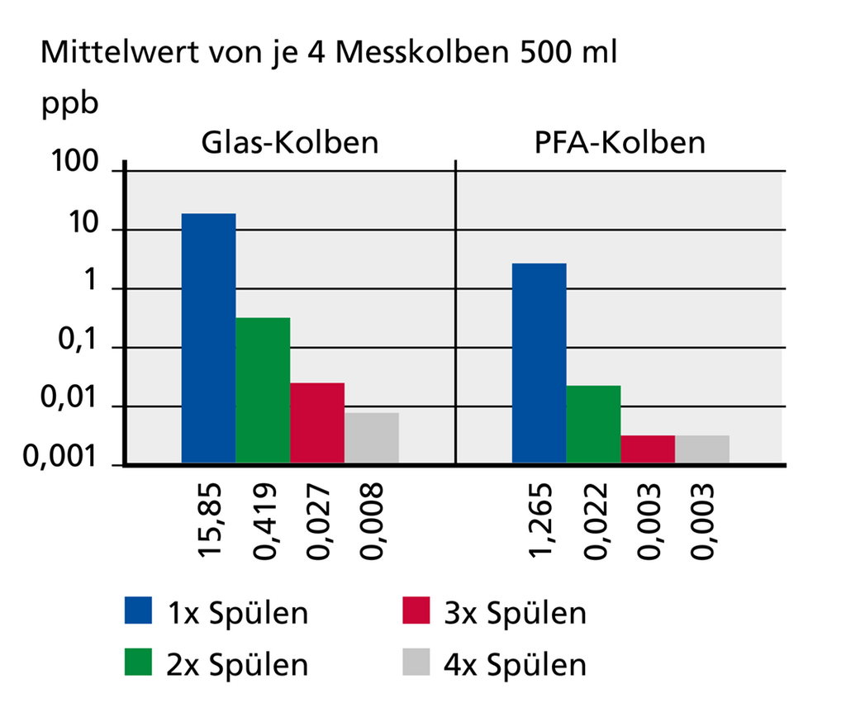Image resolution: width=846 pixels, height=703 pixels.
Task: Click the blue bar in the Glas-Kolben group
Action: tap(208, 339)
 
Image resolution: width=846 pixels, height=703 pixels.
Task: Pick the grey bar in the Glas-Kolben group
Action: tap(371, 439)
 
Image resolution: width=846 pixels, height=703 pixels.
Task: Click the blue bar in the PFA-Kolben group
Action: tap(539, 363)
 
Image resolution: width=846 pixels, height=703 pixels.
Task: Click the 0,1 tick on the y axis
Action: tap(83, 347)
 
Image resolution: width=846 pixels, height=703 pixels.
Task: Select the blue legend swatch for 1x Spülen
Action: tap(140, 613)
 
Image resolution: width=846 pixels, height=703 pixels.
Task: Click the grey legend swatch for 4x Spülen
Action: tap(416, 663)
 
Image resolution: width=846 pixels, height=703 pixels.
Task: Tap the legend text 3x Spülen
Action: tap(516, 613)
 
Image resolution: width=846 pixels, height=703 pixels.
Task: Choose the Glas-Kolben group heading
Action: tap(290, 142)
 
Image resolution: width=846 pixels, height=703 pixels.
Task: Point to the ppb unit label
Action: tap(70, 105)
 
